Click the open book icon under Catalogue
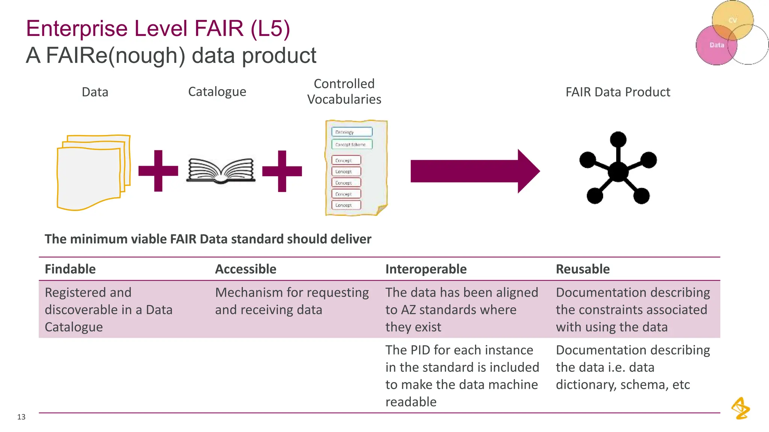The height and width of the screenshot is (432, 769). (x=221, y=171)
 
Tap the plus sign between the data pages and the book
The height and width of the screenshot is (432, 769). (x=158, y=171)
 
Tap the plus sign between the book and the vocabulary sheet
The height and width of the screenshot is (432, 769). (x=282, y=171)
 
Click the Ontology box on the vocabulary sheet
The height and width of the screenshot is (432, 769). (x=351, y=132)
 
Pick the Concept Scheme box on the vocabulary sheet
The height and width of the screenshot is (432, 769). (x=351, y=144)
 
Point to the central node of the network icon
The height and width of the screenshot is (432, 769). (x=618, y=171)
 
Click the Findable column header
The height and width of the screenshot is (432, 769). (x=70, y=269)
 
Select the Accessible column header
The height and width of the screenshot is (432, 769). (x=246, y=269)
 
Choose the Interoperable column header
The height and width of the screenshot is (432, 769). (x=426, y=269)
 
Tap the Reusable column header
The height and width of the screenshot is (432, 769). (x=582, y=269)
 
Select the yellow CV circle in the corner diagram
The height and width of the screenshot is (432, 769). (x=733, y=19)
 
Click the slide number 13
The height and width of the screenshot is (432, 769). (x=21, y=417)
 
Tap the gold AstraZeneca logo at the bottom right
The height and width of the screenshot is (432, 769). (x=740, y=408)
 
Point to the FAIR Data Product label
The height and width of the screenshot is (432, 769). (x=618, y=92)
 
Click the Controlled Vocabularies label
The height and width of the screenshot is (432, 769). (x=344, y=91)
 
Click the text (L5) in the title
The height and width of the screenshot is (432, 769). (x=270, y=29)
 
